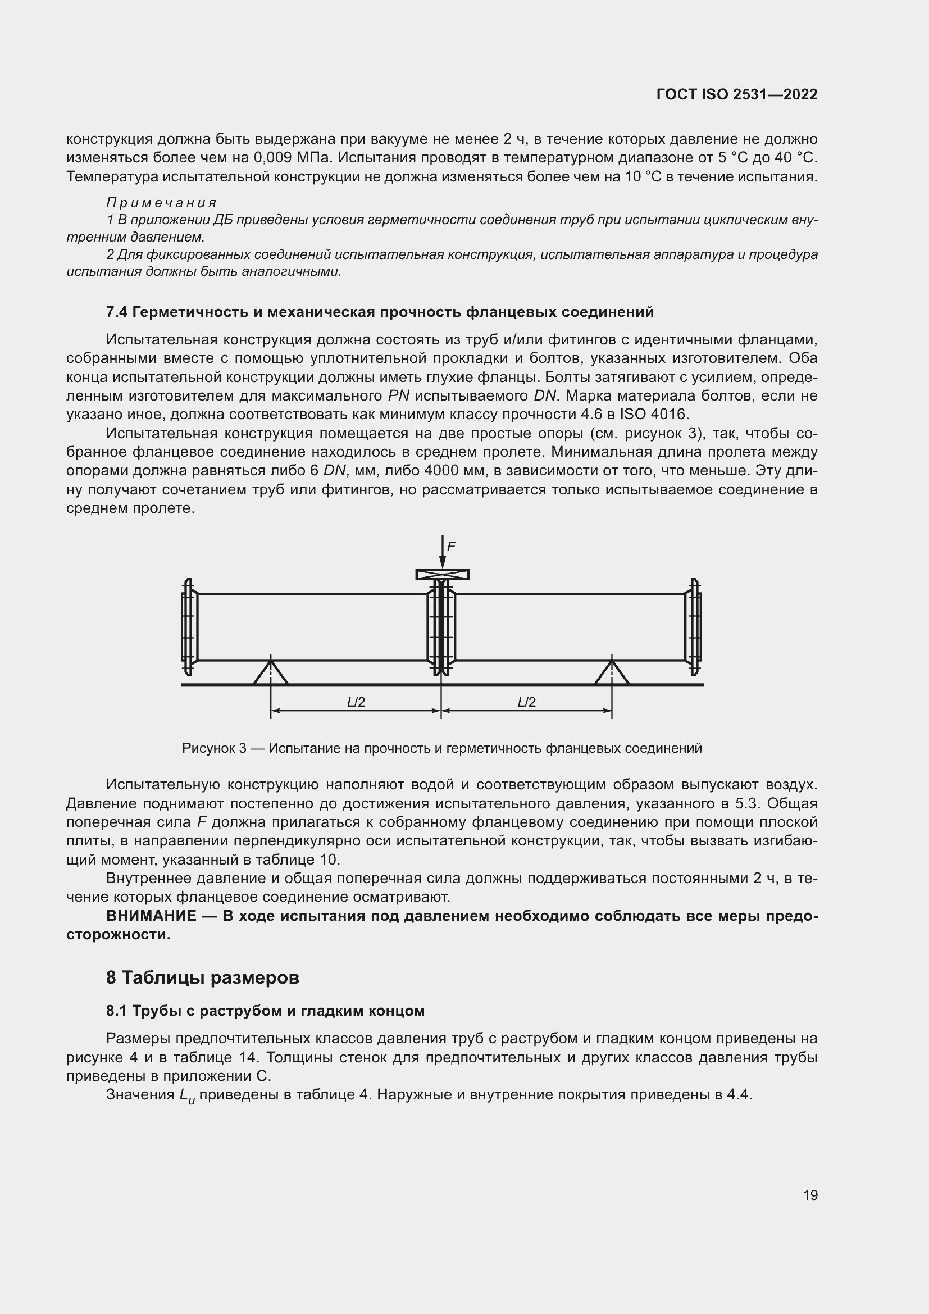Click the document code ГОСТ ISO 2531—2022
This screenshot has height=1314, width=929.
pos(737,95)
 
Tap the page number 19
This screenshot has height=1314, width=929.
pos(810,1195)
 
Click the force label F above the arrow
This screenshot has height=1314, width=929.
pos(451,547)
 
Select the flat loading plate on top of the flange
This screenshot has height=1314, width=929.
pos(442,574)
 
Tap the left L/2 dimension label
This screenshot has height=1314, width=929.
pos(356,702)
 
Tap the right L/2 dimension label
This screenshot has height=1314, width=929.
pos(526,702)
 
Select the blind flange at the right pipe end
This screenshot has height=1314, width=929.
pos(694,628)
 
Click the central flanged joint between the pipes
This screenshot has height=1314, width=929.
pos(441,628)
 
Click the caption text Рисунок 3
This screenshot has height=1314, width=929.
pos(214,748)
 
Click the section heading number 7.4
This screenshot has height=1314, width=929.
pos(117,312)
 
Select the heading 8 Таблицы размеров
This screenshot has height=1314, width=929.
pos(203,977)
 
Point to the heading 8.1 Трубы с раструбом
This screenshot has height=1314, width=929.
pos(265,1011)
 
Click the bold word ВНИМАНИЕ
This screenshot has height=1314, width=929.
pos(151,916)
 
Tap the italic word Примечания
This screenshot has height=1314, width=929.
pos(161,203)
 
